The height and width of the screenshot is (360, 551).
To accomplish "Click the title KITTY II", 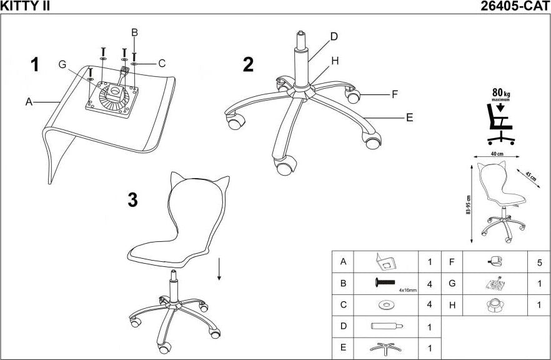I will [26, 6].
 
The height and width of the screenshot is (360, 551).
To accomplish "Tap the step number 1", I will [35, 65].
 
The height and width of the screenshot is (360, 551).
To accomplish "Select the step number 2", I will [248, 65].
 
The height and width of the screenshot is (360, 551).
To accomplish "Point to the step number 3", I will [132, 200].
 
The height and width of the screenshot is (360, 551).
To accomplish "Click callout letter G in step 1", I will [62, 64].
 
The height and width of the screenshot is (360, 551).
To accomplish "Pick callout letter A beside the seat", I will [29, 102].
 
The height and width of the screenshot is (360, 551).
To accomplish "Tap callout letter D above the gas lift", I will [334, 36].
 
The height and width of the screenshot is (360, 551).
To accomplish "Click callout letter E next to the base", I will [409, 117].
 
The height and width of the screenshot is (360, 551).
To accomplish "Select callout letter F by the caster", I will [394, 95].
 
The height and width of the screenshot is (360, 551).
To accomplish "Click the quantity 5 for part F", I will [539, 262].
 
